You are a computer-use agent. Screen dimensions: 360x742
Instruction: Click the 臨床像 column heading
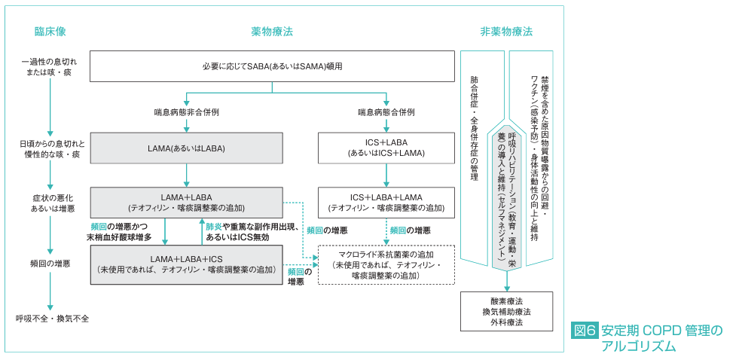pos(50,32)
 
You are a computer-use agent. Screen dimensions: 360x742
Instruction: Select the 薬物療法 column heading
pos(272,32)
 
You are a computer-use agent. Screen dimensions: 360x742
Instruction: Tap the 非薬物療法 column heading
pos(506,32)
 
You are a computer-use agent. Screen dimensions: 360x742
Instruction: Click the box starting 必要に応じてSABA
pos(272,66)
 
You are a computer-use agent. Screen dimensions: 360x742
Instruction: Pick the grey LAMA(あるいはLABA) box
pos(186,148)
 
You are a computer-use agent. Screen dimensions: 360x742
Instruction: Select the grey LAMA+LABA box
pos(186,202)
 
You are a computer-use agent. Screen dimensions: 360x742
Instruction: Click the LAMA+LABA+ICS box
pos(186,264)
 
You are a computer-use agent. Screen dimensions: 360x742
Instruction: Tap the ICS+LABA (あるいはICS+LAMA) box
pos(386,148)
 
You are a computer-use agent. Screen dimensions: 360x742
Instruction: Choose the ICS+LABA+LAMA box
pos(386,202)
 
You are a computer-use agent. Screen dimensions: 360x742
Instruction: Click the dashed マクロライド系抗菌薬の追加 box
pos(386,264)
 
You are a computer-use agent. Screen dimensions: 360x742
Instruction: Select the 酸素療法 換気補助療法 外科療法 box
pos(506,311)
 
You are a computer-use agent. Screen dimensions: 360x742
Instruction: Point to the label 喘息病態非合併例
pos(186,112)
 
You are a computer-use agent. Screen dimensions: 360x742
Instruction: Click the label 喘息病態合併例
pos(386,112)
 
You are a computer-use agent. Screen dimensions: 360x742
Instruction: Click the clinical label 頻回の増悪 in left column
pos(50,264)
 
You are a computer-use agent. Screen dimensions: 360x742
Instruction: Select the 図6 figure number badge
pos(585,331)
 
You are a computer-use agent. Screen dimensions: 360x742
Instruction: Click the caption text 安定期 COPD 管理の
pos(662,331)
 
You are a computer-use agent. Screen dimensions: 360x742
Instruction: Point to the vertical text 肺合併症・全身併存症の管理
pos(474,128)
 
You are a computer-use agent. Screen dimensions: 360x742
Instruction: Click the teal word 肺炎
pos(214,227)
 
